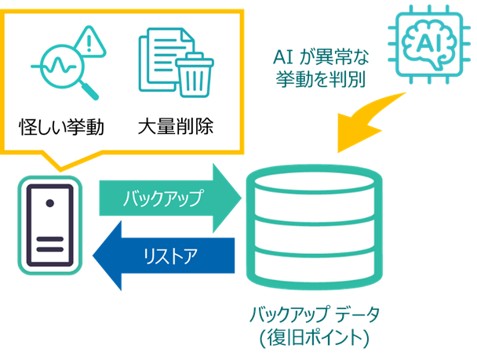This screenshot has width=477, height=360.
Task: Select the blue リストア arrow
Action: point(165,254)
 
